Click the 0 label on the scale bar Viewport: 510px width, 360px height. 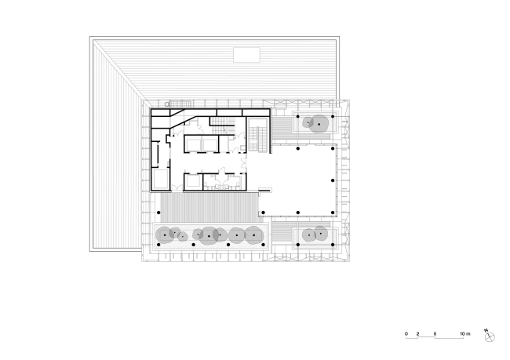(407, 335)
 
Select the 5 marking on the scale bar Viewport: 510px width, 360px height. (435, 335)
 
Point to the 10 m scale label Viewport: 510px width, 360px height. (464, 335)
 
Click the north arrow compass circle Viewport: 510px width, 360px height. (490, 337)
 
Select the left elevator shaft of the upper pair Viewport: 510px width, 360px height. (192, 144)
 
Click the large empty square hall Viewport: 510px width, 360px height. (299, 182)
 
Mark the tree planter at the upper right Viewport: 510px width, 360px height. (316, 123)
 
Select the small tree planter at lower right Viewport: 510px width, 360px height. (316, 235)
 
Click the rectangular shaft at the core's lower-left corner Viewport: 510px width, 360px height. (160, 180)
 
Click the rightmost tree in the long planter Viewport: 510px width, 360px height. (253, 234)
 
